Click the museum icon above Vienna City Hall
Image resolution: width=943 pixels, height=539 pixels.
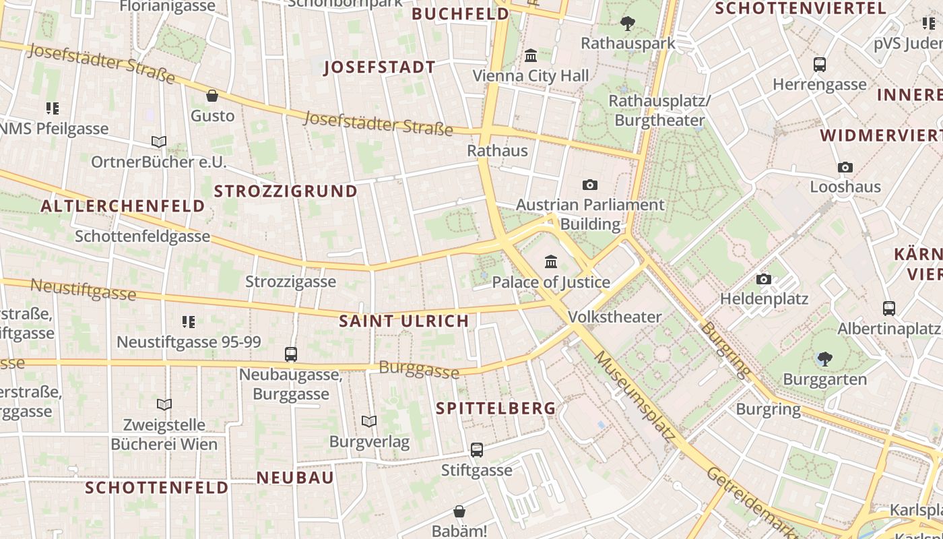531,55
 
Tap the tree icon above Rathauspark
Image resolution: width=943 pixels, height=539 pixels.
627,24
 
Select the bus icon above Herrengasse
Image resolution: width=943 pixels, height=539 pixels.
820,65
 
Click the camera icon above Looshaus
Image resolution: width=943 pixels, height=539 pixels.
845,167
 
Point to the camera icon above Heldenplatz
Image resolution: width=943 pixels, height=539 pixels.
763,279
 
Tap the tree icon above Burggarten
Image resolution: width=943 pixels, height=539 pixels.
824,359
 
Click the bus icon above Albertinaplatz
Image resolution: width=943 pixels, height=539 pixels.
889,309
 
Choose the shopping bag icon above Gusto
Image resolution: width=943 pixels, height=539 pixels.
212,96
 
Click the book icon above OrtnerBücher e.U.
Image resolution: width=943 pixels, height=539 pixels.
159,141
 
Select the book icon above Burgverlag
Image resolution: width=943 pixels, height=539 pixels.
368,422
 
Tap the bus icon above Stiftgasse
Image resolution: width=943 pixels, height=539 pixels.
477,449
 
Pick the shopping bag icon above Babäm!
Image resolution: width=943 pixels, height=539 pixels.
459,511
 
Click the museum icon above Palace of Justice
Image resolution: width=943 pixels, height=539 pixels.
551,261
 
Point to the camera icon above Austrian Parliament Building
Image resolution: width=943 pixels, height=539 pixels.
590,185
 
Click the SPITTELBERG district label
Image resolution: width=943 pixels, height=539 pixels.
496,408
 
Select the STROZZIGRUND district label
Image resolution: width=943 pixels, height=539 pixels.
286,191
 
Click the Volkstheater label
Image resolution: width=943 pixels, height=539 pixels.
614,317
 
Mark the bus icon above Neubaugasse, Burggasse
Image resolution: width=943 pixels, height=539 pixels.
291,354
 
